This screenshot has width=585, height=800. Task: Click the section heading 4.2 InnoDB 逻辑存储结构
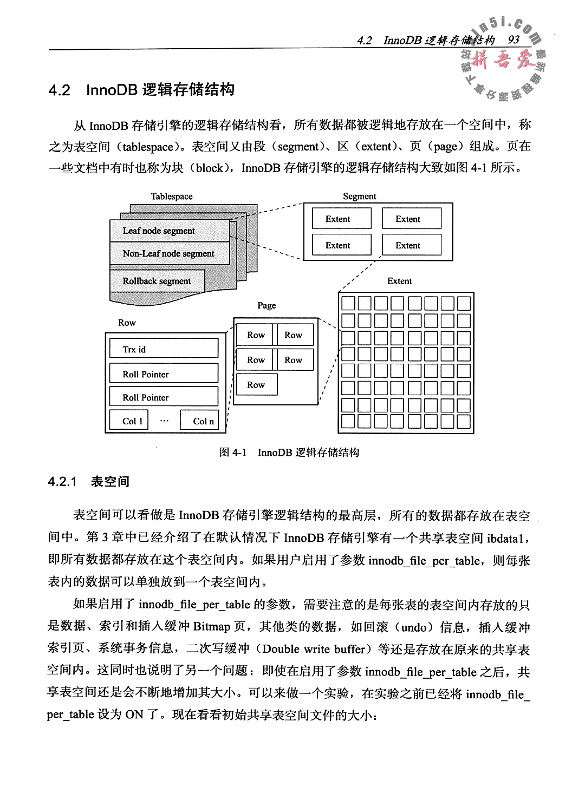click(x=141, y=90)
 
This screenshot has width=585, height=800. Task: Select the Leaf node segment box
click(x=159, y=231)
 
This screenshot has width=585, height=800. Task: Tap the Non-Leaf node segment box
click(x=168, y=253)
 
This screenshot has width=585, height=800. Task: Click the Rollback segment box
click(x=157, y=281)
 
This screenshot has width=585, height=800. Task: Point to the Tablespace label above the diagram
click(x=172, y=196)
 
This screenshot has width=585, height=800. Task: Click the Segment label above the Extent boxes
click(x=359, y=196)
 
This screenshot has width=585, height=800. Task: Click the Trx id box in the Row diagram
click(x=164, y=350)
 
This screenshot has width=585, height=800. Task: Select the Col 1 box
click(x=129, y=421)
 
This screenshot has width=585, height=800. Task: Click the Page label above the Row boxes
click(x=266, y=305)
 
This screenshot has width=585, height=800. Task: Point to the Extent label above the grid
click(x=399, y=281)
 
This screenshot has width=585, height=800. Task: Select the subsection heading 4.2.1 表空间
click(x=89, y=482)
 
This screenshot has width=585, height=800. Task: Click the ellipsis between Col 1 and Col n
click(x=165, y=421)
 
